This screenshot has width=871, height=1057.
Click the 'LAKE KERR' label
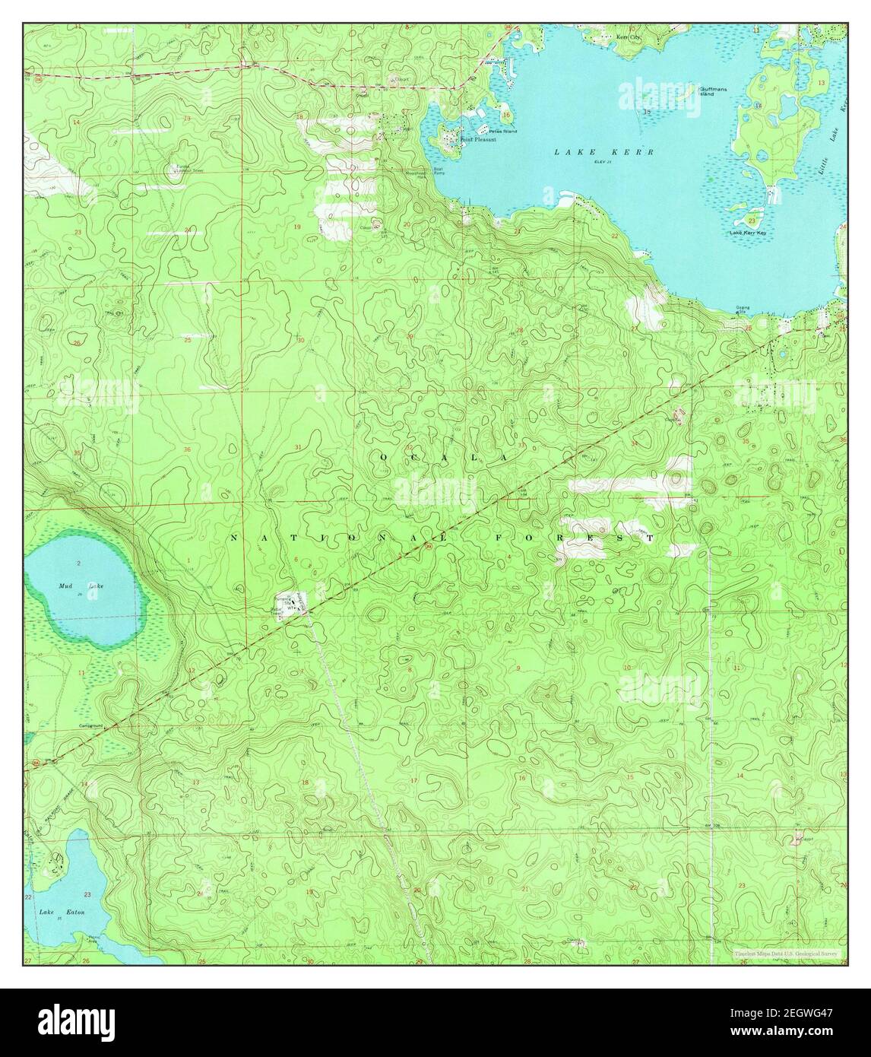click(x=603, y=152)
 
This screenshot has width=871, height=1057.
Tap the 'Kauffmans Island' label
click(x=708, y=91)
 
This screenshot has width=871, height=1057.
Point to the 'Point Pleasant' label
click(x=468, y=140)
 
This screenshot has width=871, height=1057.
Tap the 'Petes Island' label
click(x=503, y=132)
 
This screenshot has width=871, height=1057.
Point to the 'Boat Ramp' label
click(x=439, y=171)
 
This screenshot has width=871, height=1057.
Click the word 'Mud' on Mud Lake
click(x=68, y=586)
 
